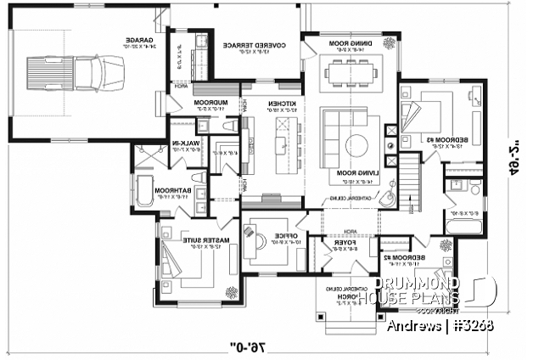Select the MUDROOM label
click(x=209, y=104)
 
